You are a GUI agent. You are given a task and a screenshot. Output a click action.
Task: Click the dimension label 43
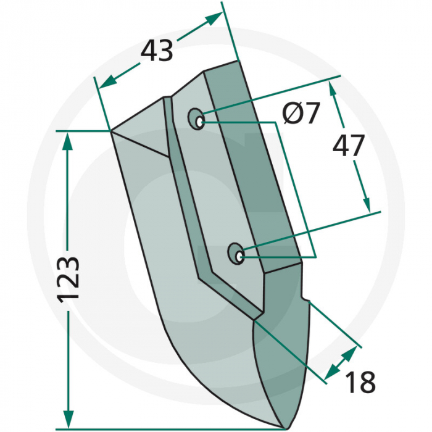(x=157, y=51)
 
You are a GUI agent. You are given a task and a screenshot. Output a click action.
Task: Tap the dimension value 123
(x=70, y=279)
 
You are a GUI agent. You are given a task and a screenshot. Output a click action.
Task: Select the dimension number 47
(x=349, y=146)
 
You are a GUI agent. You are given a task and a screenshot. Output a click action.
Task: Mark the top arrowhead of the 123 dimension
(x=68, y=139)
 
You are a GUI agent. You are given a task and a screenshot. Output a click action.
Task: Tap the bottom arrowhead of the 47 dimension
(x=367, y=203)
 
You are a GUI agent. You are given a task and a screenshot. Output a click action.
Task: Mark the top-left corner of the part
(x=111, y=131)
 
